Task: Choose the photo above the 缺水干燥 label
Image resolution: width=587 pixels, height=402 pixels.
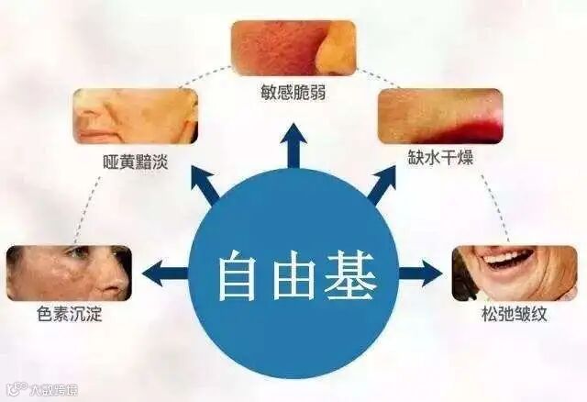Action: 440,116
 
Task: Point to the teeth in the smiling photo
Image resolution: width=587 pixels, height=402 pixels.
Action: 503,257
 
